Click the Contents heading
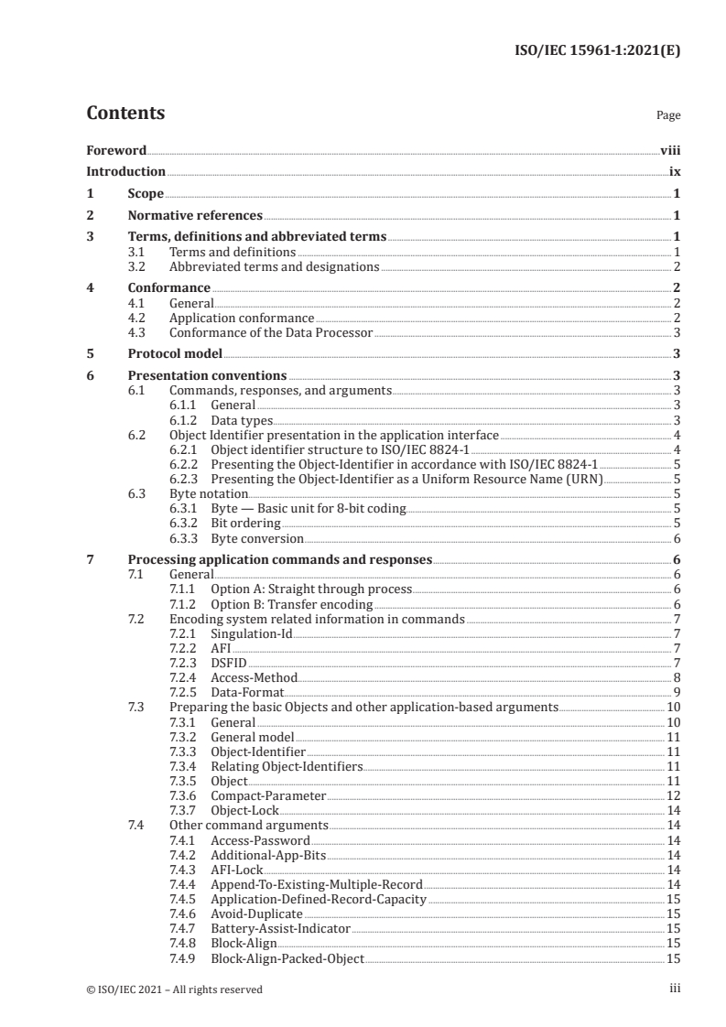point(125,114)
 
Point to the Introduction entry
point(125,171)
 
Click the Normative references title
point(195,216)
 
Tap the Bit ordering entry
point(244,523)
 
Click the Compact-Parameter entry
point(268,795)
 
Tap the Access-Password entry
point(260,839)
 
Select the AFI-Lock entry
point(237,869)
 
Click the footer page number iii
point(676,989)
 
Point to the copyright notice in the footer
point(174,989)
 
